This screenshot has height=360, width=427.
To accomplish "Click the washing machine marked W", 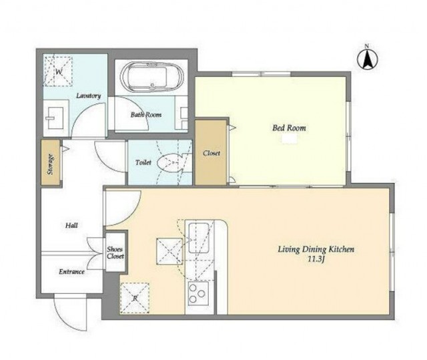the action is coord(58,71).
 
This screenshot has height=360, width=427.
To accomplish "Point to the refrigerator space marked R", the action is coord(135,298).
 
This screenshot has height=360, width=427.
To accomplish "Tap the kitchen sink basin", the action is coord(199,236).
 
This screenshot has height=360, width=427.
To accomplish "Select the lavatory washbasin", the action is coord(55,118).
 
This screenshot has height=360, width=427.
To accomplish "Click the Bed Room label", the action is coord(289,128).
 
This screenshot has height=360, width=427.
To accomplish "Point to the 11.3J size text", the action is coord(316,259).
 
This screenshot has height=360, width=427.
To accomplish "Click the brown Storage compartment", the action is coord(51,163).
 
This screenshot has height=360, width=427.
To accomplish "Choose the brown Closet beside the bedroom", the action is coord(211,152).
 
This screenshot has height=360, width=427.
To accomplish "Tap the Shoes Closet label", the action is coord(115,252).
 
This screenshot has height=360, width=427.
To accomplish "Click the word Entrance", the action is coord(71,272).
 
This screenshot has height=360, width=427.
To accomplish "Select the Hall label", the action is coord(71,225).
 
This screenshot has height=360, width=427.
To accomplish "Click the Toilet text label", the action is coord(143,162).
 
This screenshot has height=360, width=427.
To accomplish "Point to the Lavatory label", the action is coord(89,96).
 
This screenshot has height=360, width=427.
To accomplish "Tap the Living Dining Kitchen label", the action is coord(316,249).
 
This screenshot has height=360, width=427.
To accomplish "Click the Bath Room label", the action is coord(146,115).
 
